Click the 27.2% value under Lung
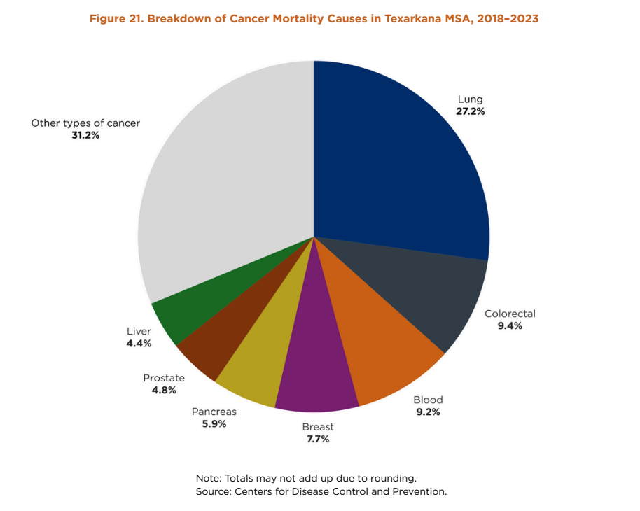[x=471, y=111]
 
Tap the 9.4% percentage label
[x=510, y=325]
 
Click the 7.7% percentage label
[x=317, y=439]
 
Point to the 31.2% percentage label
[x=85, y=134]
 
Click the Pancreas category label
[x=214, y=412]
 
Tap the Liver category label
[x=139, y=331]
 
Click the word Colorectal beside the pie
[x=510, y=314]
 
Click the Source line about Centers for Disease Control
[x=321, y=491]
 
